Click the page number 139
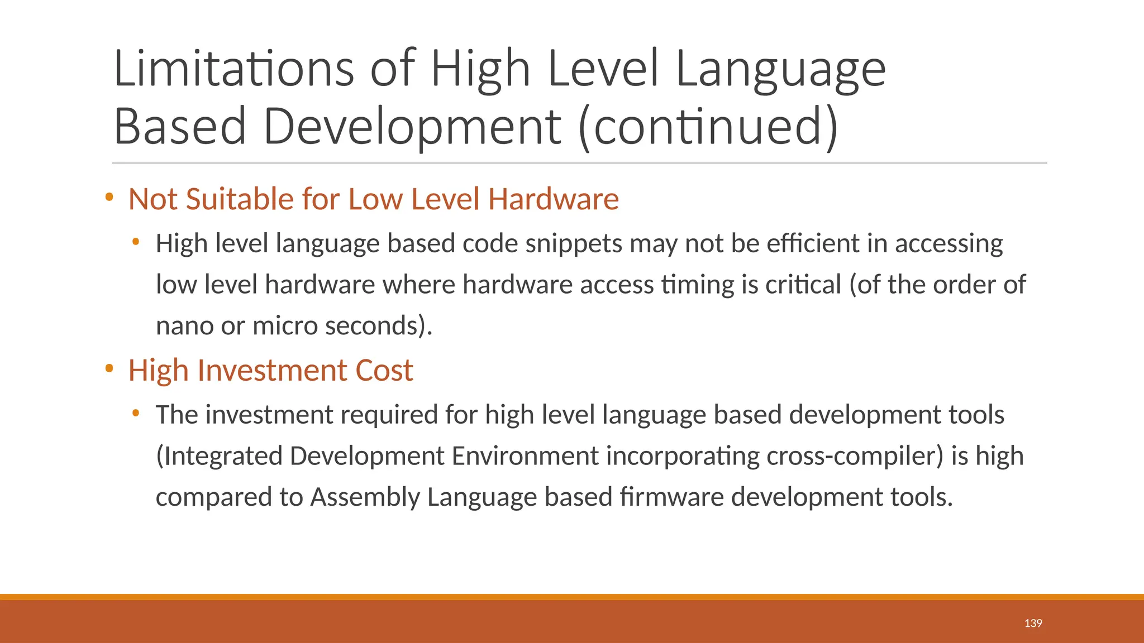1033,623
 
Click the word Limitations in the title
233,69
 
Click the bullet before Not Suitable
109,197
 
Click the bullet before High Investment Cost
109,368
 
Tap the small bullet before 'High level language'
135,242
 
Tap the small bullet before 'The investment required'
135,414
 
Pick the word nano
184,326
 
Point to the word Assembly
365,497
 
